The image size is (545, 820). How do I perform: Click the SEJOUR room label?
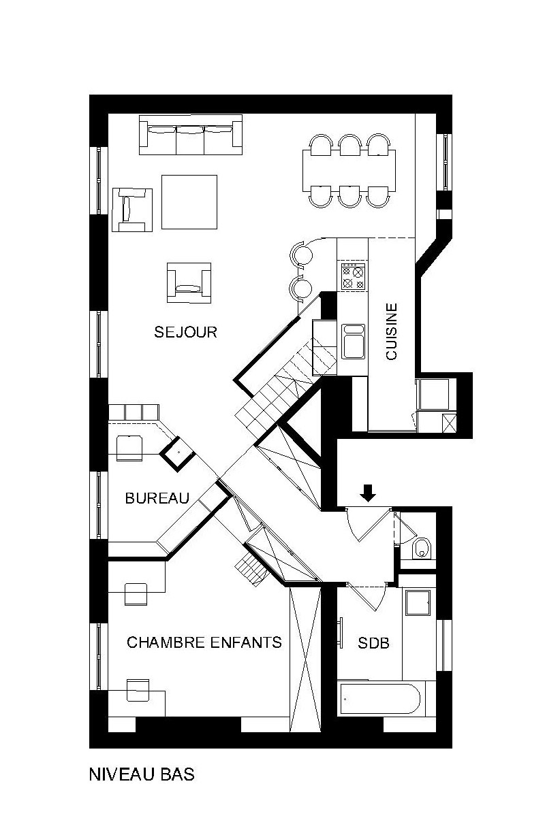tap(185, 332)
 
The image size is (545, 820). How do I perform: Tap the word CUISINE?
tap(392, 331)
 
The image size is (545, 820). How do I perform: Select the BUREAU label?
tap(157, 498)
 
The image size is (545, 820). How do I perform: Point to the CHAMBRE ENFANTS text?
tap(204, 642)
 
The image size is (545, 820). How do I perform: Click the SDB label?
tap(373, 643)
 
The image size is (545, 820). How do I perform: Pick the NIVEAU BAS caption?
tap(142, 774)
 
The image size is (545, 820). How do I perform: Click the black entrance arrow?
tap(368, 493)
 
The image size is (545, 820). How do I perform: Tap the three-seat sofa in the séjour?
tap(191, 135)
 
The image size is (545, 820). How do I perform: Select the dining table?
tap(349, 170)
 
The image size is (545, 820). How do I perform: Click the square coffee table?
tap(189, 201)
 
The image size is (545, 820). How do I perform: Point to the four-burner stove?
tap(354, 276)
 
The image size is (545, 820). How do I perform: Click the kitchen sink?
tap(354, 341)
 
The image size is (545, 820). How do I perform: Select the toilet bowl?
tap(421, 548)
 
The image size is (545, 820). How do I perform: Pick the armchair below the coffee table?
tap(189, 282)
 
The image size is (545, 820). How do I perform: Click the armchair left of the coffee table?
tap(132, 210)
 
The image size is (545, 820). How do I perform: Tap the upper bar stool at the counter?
tap(302, 255)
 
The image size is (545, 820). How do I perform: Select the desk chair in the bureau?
tap(129, 448)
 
